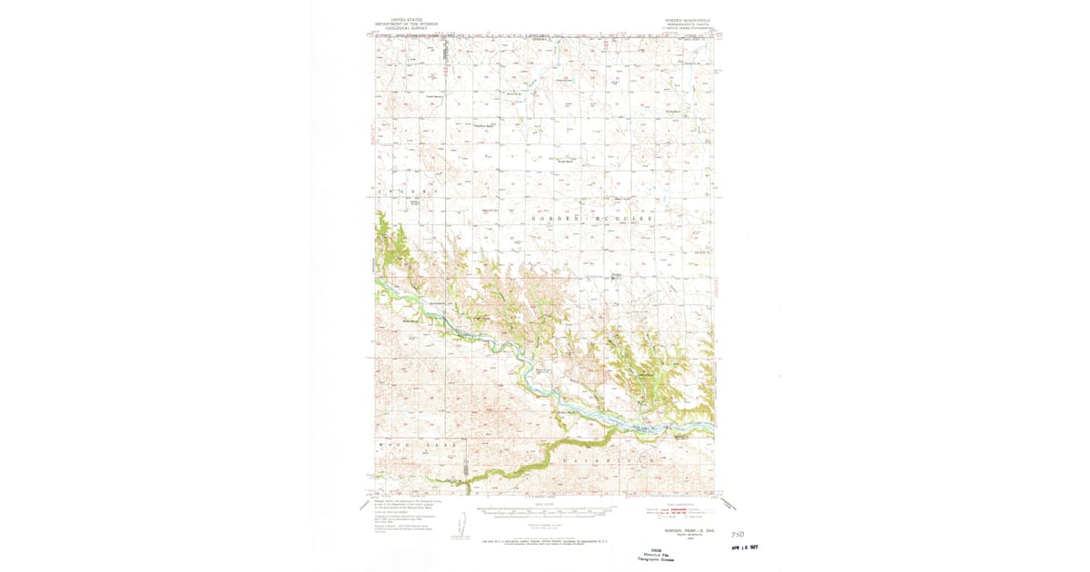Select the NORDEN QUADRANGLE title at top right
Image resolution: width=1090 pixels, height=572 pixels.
pos(687,19)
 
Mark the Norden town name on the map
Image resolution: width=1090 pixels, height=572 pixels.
pos(615,274)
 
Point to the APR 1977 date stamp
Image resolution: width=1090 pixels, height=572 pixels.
pos(744,547)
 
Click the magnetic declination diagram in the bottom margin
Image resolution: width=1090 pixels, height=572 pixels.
pos(461,525)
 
